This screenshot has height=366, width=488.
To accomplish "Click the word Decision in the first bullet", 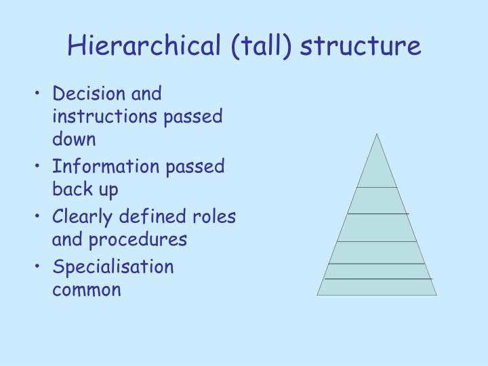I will point(83,94).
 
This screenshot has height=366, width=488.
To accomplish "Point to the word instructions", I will point(101,117).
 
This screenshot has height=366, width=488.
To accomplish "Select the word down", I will point(74,139).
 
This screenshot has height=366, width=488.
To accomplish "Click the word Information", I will point(96,167).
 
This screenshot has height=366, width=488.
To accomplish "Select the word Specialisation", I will point(113,267).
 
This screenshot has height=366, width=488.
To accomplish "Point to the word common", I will point(87,290).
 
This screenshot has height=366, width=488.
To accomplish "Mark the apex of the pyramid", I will point(376,134).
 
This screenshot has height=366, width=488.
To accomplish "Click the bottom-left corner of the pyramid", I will point(317,295).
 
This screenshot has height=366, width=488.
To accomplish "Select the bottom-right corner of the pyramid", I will point(436,295).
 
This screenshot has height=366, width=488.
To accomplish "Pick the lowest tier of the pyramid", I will point(377,287).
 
